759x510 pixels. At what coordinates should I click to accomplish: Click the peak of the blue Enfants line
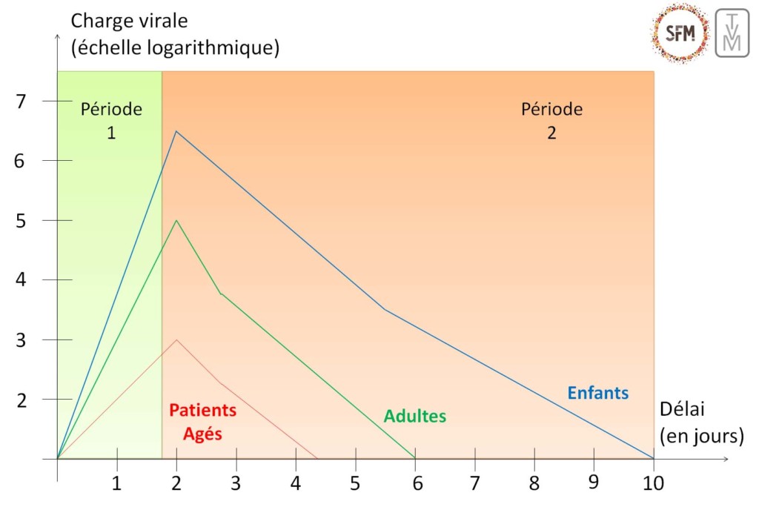[x=176, y=131]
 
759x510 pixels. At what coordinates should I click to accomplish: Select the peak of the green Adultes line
[x=176, y=220]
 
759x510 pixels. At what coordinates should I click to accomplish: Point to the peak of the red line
[x=176, y=340]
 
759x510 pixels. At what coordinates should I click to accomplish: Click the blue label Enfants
[x=597, y=393]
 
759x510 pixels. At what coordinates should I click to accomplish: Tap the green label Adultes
[x=414, y=416]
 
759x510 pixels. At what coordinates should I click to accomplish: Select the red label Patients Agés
[x=202, y=422]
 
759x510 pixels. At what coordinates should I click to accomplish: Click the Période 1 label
[x=110, y=121]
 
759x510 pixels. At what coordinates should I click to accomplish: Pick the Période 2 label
[x=551, y=121]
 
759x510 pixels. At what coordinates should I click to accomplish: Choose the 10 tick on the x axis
[x=653, y=483]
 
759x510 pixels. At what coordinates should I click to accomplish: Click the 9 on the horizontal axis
[x=593, y=482]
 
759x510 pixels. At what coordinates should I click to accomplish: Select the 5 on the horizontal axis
[x=355, y=483]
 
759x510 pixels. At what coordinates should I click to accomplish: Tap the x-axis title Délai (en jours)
[x=700, y=423]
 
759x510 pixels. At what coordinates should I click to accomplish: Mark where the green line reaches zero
[x=415, y=458]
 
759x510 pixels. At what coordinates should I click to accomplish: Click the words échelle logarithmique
[x=175, y=48]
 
